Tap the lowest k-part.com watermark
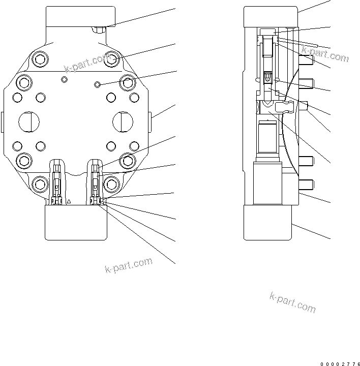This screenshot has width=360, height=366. click(x=292, y=302)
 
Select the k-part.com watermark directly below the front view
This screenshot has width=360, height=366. click(x=129, y=265)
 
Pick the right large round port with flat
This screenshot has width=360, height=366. click(x=123, y=121)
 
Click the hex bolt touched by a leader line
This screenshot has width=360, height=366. click(x=112, y=60)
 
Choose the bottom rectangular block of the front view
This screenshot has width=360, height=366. click(x=76, y=222)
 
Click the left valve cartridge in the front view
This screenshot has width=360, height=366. click(x=57, y=180)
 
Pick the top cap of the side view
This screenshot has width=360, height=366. click(x=270, y=16)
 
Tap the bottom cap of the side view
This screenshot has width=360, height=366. click(x=267, y=222)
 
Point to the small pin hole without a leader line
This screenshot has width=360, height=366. click(x=64, y=80)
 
